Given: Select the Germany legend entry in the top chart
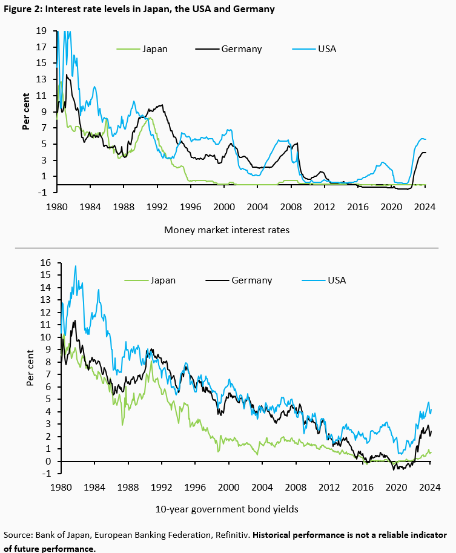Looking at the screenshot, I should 241,49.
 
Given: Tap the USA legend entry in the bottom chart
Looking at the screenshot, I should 337,280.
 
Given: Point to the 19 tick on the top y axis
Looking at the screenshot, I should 42,31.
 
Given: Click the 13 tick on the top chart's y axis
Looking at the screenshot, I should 42,79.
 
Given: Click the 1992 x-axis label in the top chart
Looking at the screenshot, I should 157,206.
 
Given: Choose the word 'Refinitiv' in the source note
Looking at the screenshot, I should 227,535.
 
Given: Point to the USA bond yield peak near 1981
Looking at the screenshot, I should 76,266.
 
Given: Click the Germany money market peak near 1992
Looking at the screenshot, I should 160,105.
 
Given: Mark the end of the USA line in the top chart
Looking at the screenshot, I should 426,140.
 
